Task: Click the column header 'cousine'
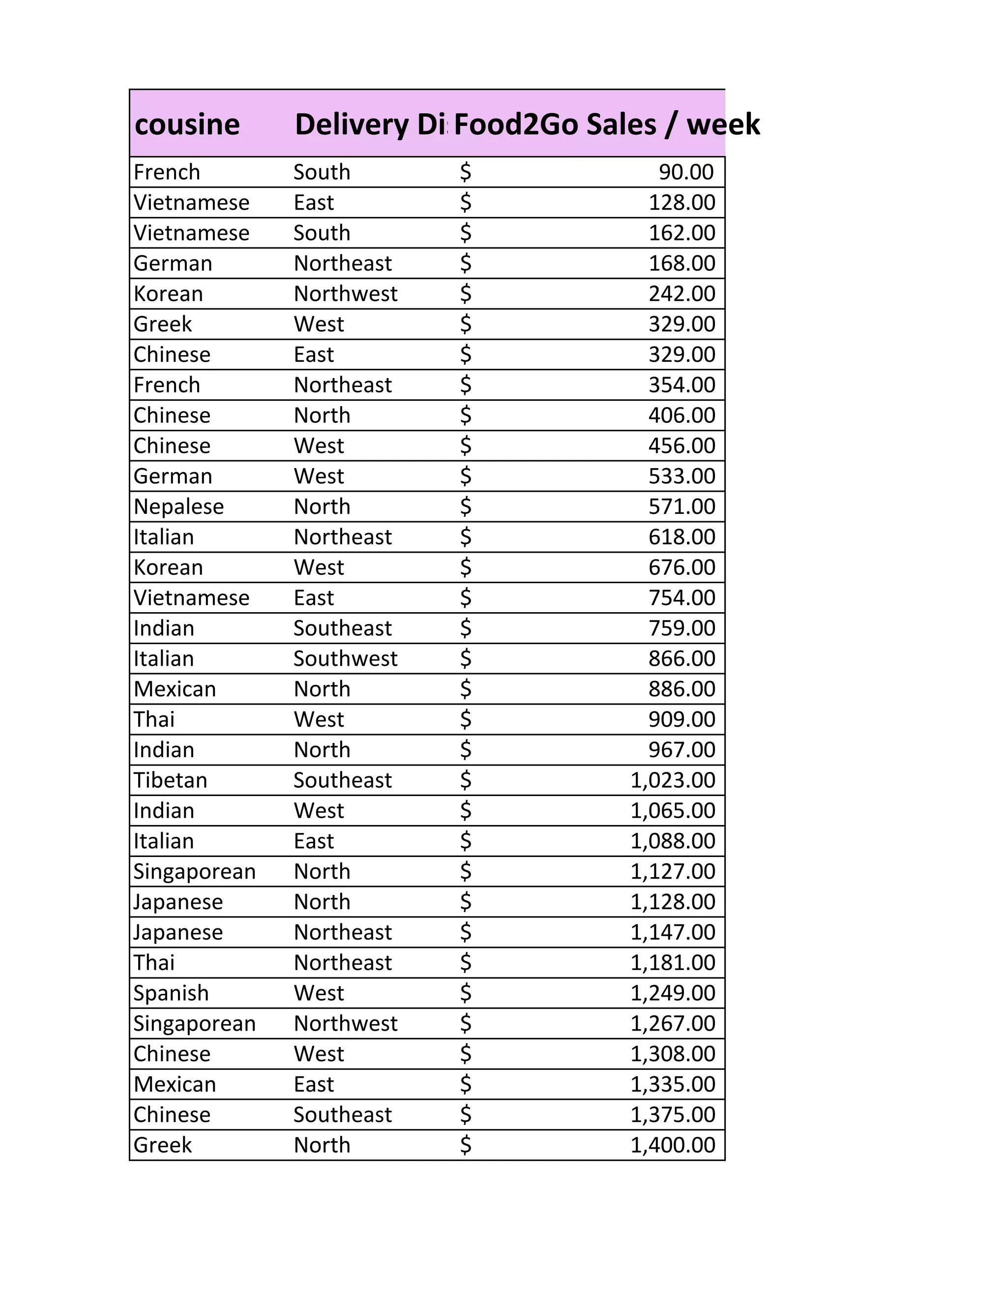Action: click(187, 125)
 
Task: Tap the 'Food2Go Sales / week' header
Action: click(606, 125)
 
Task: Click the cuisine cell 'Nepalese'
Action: click(178, 506)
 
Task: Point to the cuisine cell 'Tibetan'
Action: click(170, 780)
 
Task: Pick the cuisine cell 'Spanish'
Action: click(171, 993)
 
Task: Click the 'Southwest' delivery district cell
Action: click(345, 659)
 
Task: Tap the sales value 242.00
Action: click(682, 294)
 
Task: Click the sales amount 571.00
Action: click(682, 506)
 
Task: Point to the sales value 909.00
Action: click(682, 719)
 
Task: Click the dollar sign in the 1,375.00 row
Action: click(465, 1115)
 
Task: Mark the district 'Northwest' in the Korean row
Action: click(345, 294)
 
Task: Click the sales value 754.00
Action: click(682, 598)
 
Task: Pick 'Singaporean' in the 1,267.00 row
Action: click(195, 1024)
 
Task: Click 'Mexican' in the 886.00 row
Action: click(174, 689)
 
